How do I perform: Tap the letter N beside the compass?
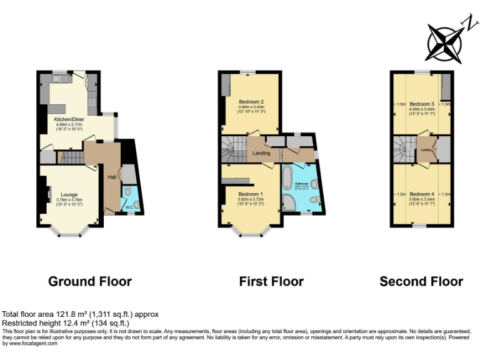click(x=467, y=23)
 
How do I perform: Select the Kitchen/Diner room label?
click(x=69, y=119)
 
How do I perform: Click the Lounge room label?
click(x=69, y=194)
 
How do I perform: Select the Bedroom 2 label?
click(x=251, y=102)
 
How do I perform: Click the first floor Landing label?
click(x=261, y=153)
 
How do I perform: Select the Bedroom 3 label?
click(x=422, y=104)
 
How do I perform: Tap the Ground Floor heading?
click(x=90, y=281)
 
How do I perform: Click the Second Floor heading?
click(x=421, y=281)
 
